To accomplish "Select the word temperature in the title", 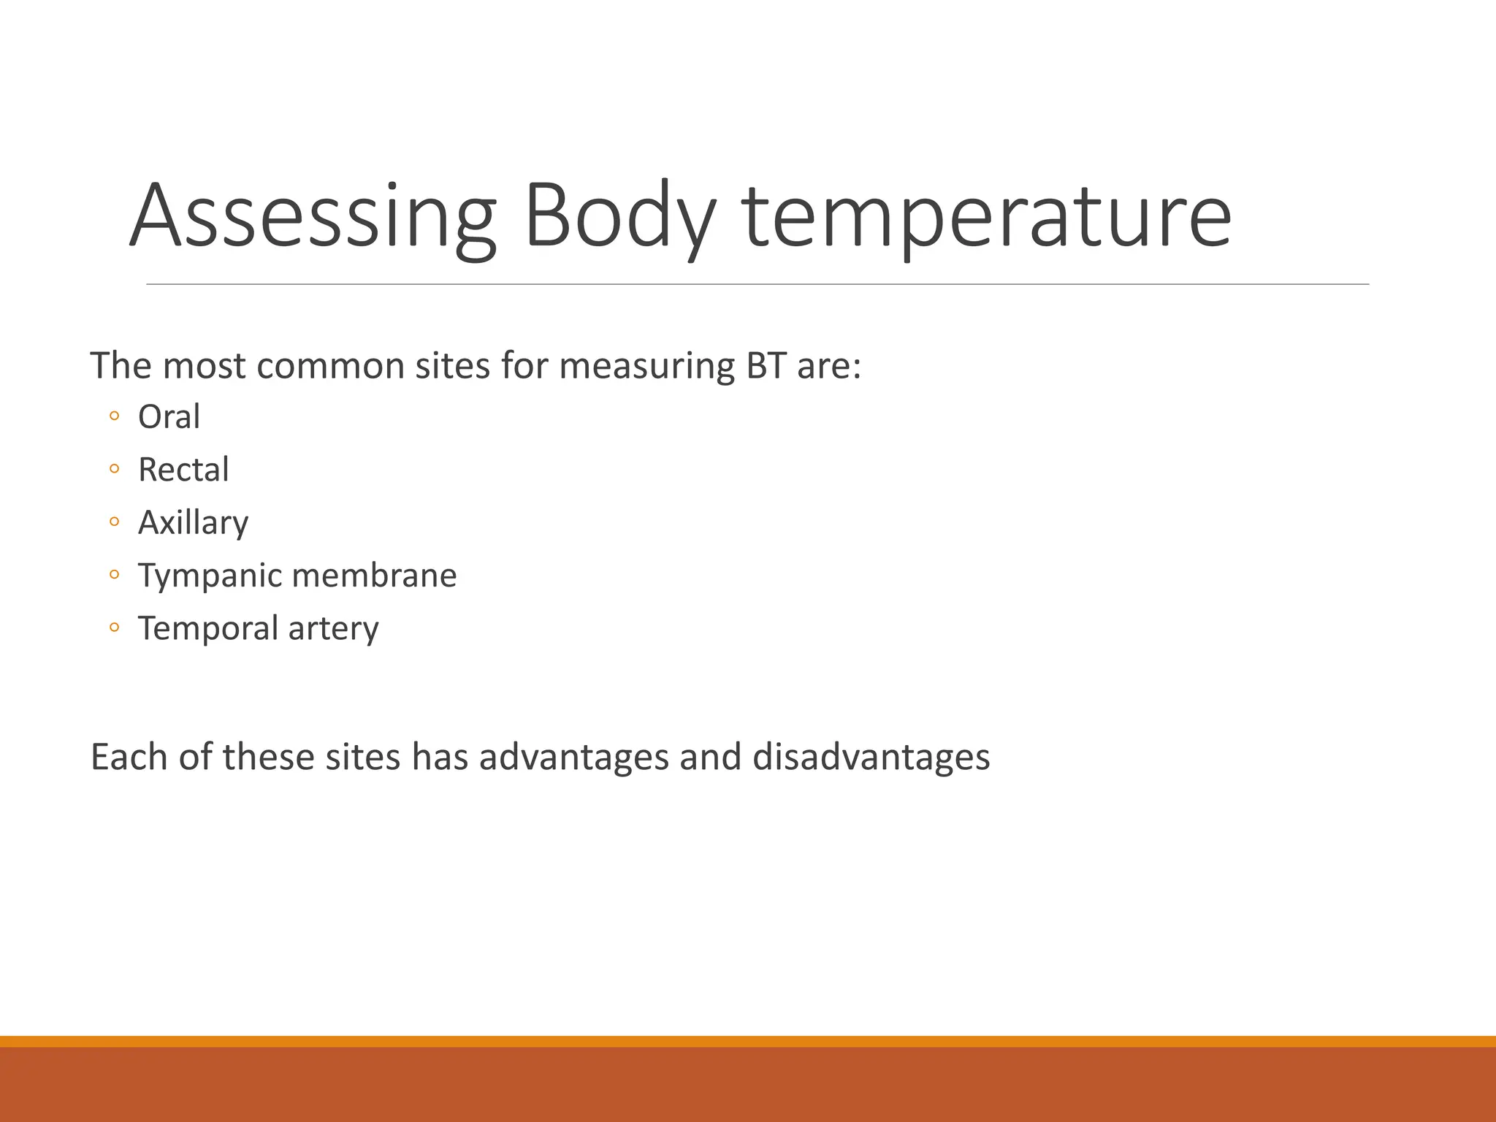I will pos(987,217).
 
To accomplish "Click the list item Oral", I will pos(169,417).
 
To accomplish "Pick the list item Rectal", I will pos(183,470).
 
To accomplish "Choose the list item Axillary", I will pos(194,523).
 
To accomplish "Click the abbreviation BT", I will pos(766,366).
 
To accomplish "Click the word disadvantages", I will pos(871,757).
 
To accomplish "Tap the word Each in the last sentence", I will pos(129,757).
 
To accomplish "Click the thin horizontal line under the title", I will pos(757,284).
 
